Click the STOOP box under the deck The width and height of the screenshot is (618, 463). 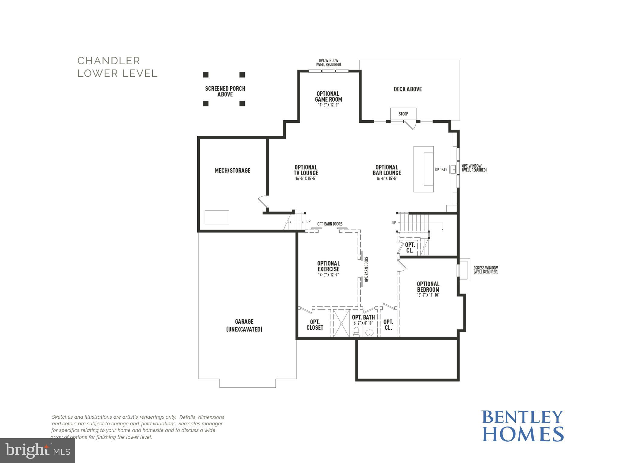(x=403, y=114)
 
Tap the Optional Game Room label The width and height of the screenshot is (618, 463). (x=328, y=97)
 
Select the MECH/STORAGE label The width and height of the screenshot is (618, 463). (x=232, y=171)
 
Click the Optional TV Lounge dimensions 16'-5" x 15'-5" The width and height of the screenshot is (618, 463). (x=306, y=179)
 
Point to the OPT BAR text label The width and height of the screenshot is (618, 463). (x=441, y=170)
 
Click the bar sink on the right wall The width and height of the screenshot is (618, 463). (x=453, y=170)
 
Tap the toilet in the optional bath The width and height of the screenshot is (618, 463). (x=356, y=332)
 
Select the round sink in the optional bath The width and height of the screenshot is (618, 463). (x=369, y=333)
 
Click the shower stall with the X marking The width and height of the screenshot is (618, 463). (x=341, y=323)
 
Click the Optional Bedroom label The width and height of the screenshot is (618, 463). (x=428, y=287)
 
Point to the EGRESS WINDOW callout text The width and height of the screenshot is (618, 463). (x=486, y=270)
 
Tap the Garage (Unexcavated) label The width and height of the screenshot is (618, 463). (x=244, y=325)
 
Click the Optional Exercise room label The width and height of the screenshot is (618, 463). (x=328, y=266)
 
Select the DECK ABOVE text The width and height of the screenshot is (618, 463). (x=407, y=89)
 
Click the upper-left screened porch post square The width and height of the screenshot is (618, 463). (x=205, y=75)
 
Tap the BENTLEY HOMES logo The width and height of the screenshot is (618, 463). (x=522, y=426)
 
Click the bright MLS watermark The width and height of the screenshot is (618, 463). (x=37, y=451)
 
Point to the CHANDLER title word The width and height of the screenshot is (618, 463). (x=109, y=61)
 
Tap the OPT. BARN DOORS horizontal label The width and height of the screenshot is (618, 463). (x=330, y=224)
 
